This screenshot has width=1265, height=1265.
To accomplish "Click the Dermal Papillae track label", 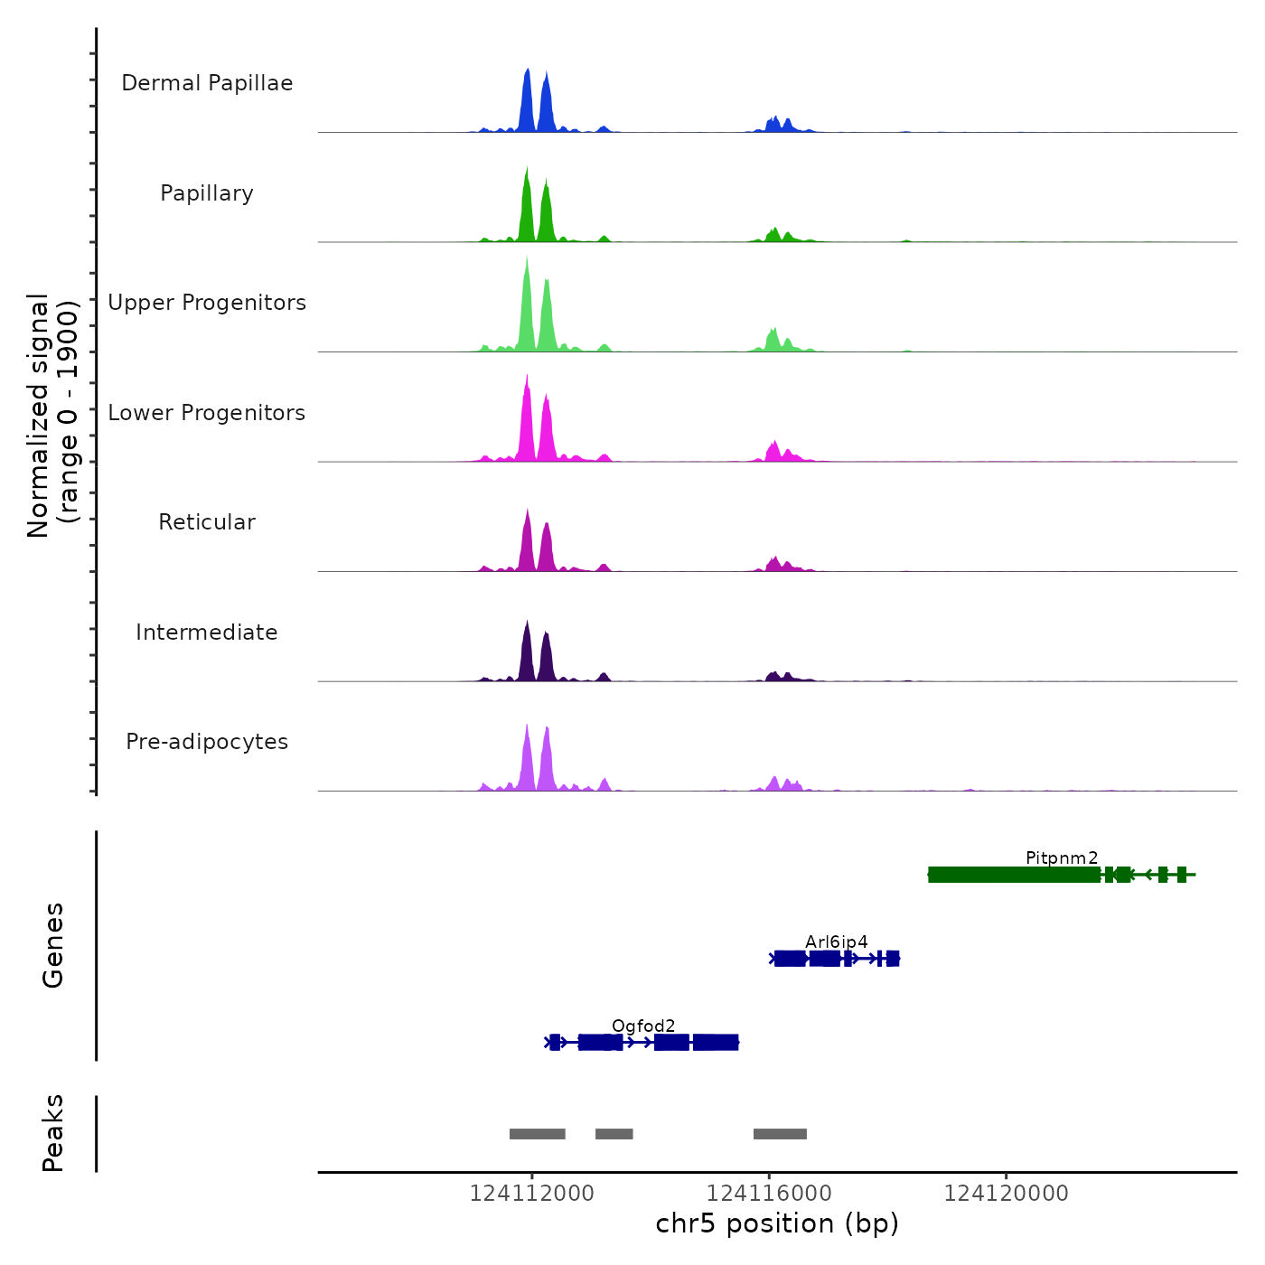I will pyautogui.click(x=207, y=83).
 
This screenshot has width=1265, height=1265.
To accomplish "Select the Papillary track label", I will pyautogui.click(x=207, y=193).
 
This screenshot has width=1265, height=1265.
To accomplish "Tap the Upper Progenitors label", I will pyautogui.click(x=207, y=303).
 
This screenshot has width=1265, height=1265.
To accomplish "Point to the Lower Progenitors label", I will pyautogui.click(x=207, y=413).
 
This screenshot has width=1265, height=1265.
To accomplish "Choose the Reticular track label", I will pyautogui.click(x=207, y=522).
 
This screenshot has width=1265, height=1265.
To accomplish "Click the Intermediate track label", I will pyautogui.click(x=207, y=632).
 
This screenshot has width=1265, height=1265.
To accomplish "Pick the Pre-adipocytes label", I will pyautogui.click(x=207, y=742).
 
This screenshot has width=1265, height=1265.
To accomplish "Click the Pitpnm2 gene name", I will pyautogui.click(x=1062, y=857).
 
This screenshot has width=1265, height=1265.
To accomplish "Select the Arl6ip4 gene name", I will pyautogui.click(x=836, y=942).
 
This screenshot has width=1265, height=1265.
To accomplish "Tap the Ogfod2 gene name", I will pyautogui.click(x=643, y=1026).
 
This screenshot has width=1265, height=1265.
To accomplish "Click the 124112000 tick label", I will pyautogui.click(x=532, y=1194).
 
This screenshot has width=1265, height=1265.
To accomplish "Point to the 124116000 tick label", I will pyautogui.click(x=769, y=1194).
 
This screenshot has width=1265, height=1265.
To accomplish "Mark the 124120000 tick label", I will pyautogui.click(x=1006, y=1194).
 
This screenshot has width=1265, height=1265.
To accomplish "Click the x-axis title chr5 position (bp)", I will pyautogui.click(x=777, y=1223).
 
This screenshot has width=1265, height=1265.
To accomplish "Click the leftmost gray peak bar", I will pyautogui.click(x=537, y=1134).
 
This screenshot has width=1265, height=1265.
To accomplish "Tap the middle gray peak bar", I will pyautogui.click(x=614, y=1134).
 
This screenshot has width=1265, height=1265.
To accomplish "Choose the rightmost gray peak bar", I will pyautogui.click(x=780, y=1134).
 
